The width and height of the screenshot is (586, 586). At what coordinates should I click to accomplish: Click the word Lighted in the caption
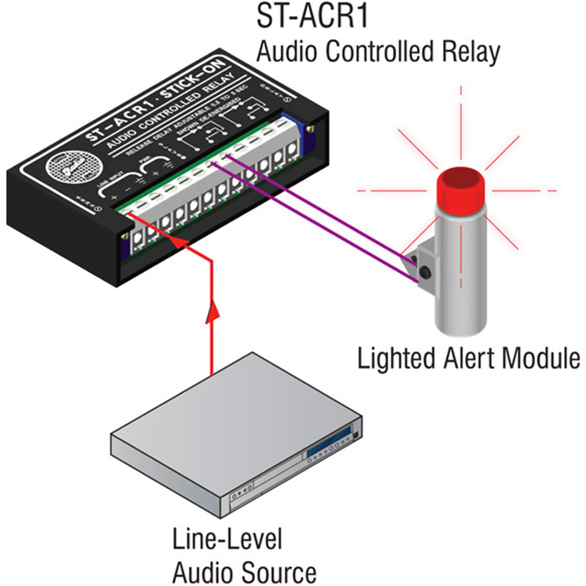click(394, 357)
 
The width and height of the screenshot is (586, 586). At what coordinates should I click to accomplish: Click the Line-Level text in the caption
click(227, 540)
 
